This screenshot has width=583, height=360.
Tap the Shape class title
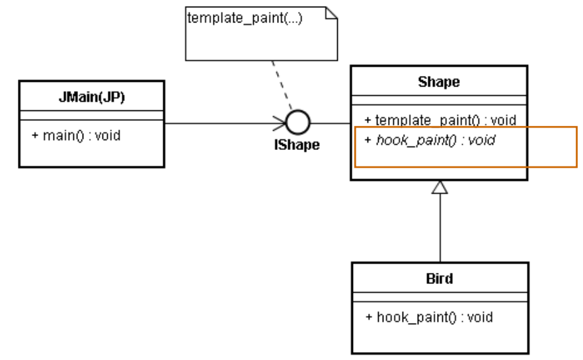(439, 83)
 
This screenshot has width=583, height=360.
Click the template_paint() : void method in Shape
(436, 121)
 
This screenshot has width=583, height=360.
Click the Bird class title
(440, 279)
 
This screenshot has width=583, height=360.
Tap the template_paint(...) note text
(245, 18)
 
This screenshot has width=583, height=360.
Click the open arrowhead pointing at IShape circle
(280, 123)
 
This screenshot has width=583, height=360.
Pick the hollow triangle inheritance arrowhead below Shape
(440, 188)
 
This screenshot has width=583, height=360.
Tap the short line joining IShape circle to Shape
(330, 123)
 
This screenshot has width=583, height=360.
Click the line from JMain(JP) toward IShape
(218, 123)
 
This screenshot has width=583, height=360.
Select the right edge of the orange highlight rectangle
(577, 147)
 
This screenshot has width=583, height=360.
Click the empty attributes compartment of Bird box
(440, 297)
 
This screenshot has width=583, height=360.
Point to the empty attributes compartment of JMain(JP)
(91, 116)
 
